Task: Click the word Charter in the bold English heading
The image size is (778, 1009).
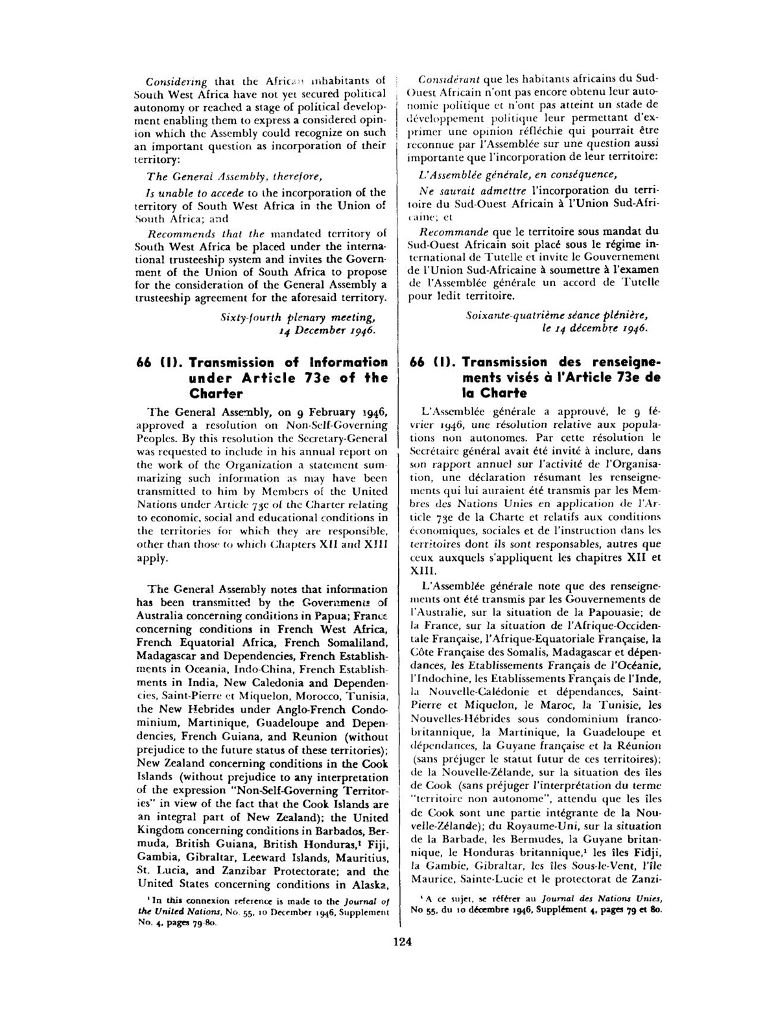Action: click(217, 394)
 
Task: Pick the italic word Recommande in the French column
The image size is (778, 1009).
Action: click(451, 231)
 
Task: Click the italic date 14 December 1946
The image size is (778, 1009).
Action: click(327, 331)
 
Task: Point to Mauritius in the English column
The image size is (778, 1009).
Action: click(364, 858)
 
